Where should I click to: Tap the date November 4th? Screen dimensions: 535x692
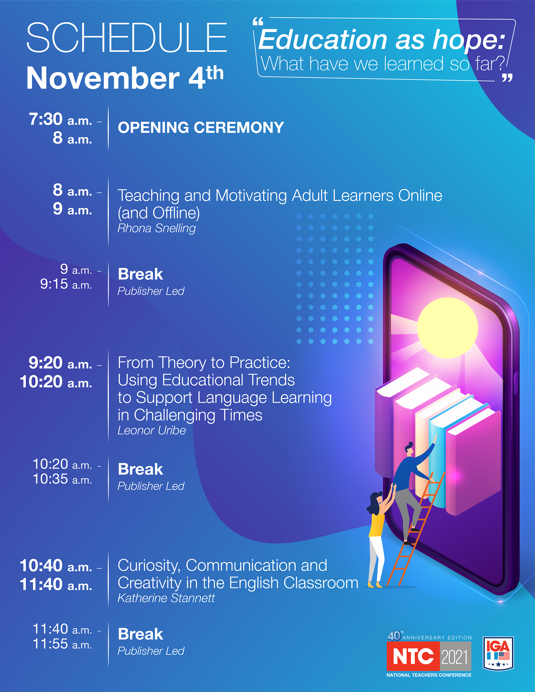click(125, 77)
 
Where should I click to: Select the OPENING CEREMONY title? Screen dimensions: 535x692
click(201, 127)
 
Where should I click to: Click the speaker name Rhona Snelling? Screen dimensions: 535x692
click(156, 228)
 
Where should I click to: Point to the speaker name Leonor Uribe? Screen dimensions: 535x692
click(151, 430)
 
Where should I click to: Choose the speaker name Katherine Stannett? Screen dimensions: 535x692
click(166, 598)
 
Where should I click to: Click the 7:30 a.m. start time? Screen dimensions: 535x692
click(60, 120)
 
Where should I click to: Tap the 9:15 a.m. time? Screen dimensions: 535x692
click(66, 284)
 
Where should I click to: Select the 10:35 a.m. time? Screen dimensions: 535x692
click(62, 479)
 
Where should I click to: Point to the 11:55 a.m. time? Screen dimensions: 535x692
click(62, 644)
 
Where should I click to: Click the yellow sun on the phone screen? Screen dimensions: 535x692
click(447, 328)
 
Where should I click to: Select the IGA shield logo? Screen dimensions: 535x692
click(498, 653)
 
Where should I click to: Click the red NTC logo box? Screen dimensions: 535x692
click(413, 656)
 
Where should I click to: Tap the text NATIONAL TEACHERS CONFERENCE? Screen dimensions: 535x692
click(429, 675)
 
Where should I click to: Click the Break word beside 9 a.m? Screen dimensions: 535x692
click(140, 274)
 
